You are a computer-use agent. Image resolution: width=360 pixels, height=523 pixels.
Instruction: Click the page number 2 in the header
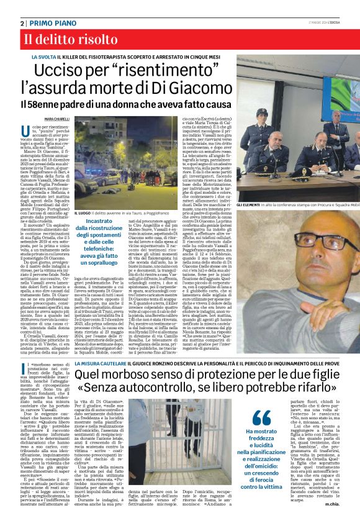click(x=22, y=23)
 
